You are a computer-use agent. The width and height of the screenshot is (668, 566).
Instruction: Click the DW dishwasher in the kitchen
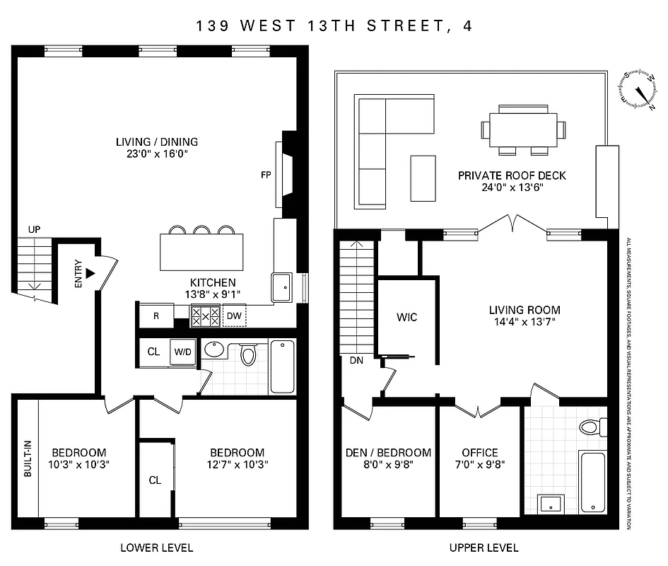tap(235, 316)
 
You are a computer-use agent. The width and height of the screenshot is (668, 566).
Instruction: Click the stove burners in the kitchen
tap(206, 316)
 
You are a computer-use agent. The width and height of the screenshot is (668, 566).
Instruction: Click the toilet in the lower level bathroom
tap(247, 353)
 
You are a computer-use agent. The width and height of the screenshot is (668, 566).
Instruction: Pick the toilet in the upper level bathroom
tap(591, 427)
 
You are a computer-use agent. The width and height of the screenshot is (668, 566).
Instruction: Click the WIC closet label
tap(407, 317)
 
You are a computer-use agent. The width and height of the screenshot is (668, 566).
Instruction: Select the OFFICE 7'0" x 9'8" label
tap(480, 459)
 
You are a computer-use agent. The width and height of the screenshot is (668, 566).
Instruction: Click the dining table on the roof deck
tap(523, 129)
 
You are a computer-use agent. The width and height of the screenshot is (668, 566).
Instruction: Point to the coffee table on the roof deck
tap(423, 178)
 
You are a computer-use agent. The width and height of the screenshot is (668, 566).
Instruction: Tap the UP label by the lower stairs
tap(34, 230)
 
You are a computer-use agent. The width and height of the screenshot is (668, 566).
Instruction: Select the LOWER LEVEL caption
tap(156, 548)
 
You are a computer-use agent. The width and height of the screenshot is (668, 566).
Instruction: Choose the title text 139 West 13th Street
tap(334, 26)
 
